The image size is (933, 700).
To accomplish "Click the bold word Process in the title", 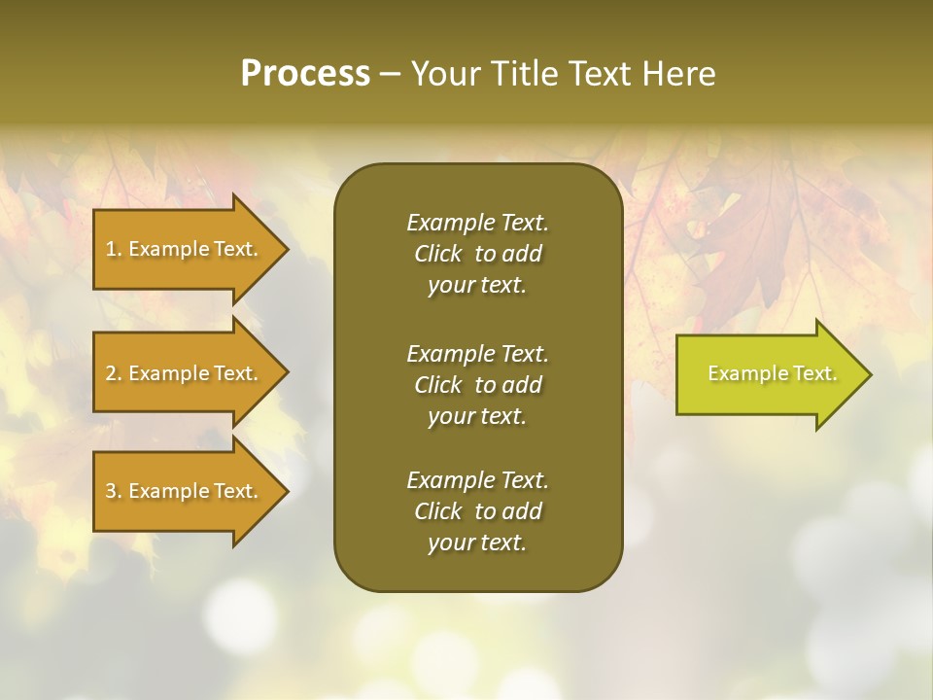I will click(305, 74).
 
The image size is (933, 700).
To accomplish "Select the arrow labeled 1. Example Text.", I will click(185, 249).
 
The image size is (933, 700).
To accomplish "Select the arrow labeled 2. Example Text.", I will click(185, 373).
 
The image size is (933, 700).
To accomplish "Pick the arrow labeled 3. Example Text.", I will click(185, 491).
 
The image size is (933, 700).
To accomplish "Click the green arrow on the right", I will click(768, 373).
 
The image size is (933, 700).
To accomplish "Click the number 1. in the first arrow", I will click(114, 249).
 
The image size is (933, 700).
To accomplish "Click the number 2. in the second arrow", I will click(114, 373).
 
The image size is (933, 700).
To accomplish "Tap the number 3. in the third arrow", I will click(114, 491).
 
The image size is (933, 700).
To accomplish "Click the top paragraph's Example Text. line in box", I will click(477, 223).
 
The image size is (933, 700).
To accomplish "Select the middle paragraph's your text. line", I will click(477, 416).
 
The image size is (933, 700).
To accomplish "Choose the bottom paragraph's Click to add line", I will click(477, 511).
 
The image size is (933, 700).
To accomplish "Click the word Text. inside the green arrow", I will click(813, 373).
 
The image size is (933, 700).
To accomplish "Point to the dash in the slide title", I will click(391, 74).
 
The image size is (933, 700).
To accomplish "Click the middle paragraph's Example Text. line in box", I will click(477, 354).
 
